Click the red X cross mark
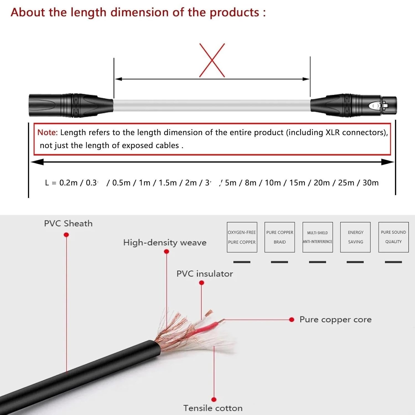[212, 60]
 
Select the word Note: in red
[47, 133]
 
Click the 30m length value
[370, 183]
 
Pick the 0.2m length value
[68, 183]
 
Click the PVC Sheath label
[68, 224]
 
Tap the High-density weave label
[165, 243]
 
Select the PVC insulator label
[205, 274]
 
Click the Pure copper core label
[335, 320]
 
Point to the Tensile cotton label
[213, 408]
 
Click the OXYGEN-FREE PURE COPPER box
[242, 237]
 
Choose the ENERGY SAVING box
[355, 237]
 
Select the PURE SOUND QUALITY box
[393, 237]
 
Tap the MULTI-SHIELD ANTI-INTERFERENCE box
[318, 237]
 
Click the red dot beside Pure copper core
[292, 320]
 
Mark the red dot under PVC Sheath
[66, 235]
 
